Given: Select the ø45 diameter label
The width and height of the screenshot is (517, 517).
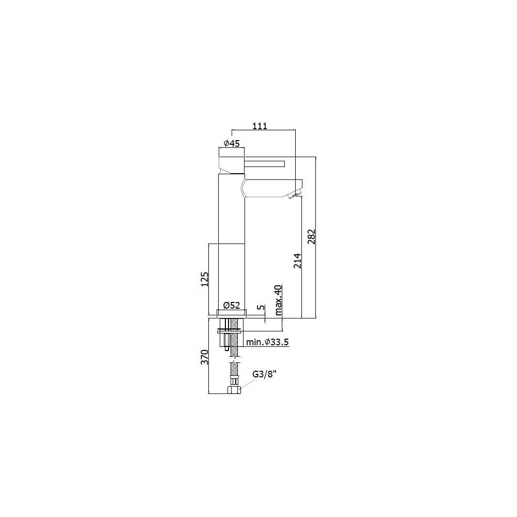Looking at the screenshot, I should coord(231,144).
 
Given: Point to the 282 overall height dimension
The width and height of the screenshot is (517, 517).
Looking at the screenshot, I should coord(311,237).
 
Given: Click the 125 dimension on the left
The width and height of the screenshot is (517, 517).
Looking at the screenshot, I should coord(204,279).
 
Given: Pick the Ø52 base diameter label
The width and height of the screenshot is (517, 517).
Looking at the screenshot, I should coord(232,306).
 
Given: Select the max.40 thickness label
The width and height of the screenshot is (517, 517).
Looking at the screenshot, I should coord(278,300).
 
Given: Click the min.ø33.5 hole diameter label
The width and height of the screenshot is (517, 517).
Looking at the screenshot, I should coord(267,342).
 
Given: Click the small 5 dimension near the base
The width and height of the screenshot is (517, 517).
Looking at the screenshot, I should coord(261,308).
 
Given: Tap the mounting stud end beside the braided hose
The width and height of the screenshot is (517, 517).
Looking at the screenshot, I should coord(226,350).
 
